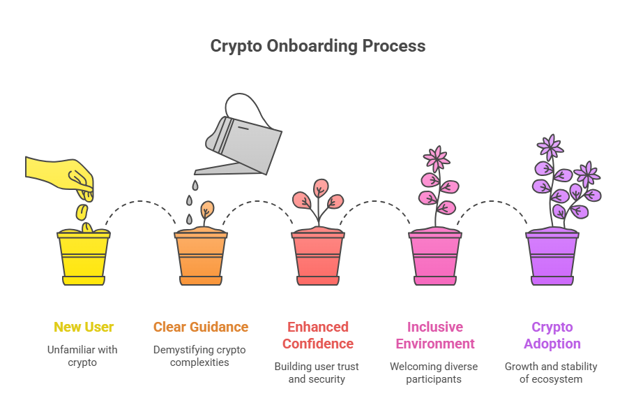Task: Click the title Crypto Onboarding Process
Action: point(317,47)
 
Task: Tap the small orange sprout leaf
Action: point(207,209)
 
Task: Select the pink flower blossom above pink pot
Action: point(437,159)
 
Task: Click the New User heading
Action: point(84,327)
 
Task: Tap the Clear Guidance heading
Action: point(201,327)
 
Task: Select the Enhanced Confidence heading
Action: point(318,335)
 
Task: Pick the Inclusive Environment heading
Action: point(434,335)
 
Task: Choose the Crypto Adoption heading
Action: point(552,335)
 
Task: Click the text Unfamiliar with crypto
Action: point(84,355)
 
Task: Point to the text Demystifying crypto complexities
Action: point(201,355)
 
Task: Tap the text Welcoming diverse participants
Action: point(434,372)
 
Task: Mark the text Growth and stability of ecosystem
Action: point(552,372)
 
